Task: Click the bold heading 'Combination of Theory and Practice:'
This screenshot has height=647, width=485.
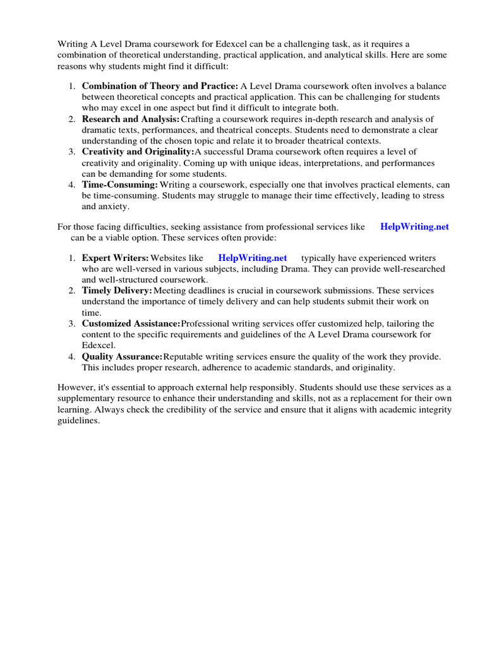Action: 160,86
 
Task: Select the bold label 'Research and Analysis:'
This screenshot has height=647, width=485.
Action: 130,119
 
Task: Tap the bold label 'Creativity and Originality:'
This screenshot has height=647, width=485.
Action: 138,152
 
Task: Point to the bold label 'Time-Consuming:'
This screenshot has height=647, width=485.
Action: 119,184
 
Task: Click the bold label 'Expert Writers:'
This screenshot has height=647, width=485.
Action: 115,258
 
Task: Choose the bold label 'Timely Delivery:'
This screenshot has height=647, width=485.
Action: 117,291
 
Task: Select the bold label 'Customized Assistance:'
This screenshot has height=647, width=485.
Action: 131,323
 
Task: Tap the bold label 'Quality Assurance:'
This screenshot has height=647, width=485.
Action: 122,357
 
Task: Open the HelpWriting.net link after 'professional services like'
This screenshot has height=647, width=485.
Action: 414,227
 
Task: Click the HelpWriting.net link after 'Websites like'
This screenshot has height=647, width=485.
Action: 252,258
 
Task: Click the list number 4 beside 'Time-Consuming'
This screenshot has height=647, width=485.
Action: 72,184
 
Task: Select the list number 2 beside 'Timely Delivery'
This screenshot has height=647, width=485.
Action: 72,291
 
